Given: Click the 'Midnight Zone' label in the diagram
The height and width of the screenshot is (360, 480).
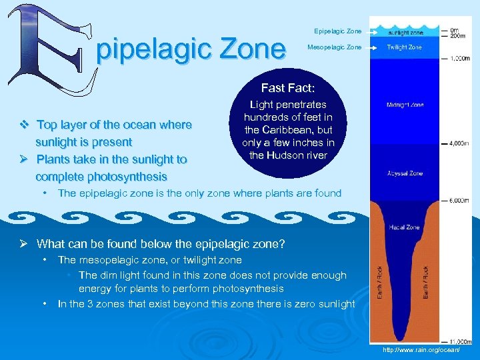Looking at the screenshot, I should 405,105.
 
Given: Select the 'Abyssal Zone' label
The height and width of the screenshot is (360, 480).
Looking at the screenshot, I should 405,173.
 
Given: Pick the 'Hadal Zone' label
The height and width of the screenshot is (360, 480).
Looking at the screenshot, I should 405,227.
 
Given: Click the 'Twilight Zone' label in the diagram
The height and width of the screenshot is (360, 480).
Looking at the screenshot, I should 405,47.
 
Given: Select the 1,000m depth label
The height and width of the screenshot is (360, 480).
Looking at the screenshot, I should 460,59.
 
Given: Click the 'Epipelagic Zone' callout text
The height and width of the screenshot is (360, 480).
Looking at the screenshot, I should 338,31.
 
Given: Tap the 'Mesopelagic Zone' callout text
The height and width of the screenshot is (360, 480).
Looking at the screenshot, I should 335,47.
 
